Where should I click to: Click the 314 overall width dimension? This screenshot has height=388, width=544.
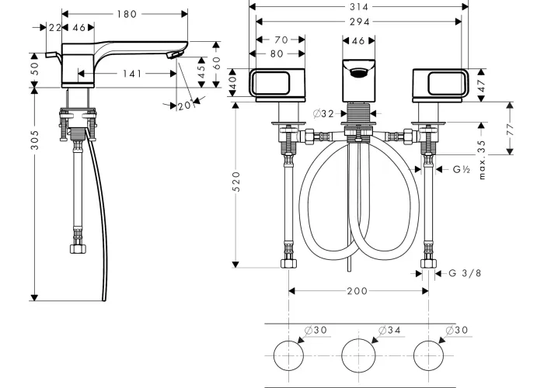[x=359, y=6]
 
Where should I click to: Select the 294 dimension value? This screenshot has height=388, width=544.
[x=359, y=22]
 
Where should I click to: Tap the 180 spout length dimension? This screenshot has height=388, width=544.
[x=127, y=14]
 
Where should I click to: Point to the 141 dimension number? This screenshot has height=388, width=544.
[x=132, y=74]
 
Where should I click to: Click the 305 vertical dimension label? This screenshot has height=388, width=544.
[x=35, y=140]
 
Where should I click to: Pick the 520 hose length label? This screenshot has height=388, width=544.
[x=236, y=181]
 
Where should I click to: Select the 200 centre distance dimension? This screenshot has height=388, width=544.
[x=357, y=291]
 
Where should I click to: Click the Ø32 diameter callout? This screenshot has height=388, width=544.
[x=323, y=113]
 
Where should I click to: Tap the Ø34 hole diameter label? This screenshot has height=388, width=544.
[x=389, y=330]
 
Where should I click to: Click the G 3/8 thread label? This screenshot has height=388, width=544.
[x=465, y=273]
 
